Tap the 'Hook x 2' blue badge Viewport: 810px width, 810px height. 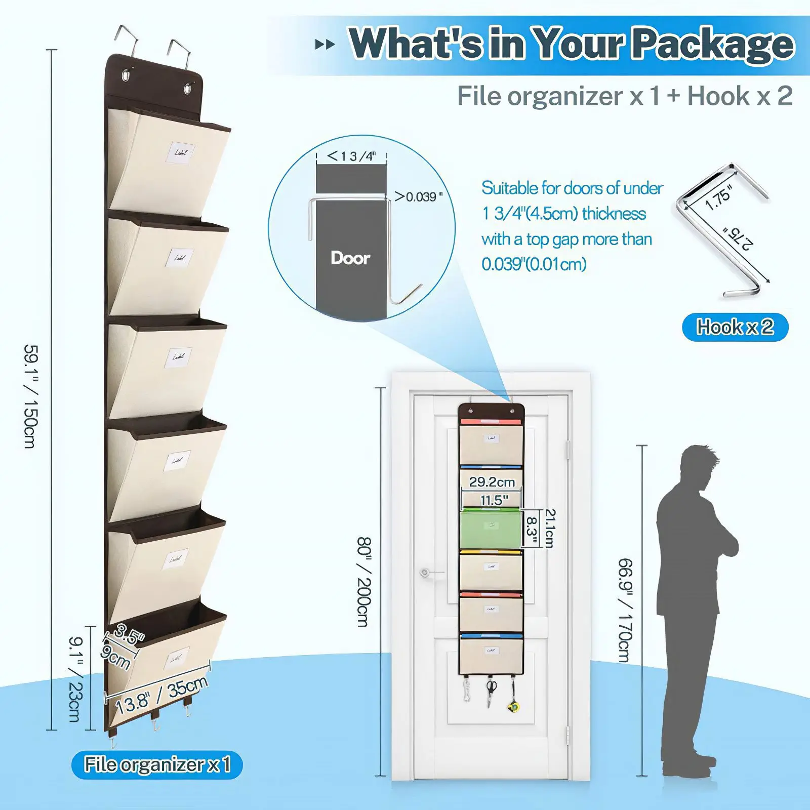tap(735, 327)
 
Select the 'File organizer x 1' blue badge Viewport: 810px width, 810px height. tap(157, 764)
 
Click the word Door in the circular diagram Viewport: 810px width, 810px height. tap(350, 258)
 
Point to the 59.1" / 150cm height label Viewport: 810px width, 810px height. tap(31, 396)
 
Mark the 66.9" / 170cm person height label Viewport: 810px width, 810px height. tap(626, 610)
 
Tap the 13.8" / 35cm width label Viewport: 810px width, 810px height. tap(161, 695)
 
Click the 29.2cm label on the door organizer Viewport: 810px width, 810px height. tap(492, 482)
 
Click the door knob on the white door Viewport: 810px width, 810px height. tap(425, 573)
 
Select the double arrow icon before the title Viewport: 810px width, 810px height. tap(325, 45)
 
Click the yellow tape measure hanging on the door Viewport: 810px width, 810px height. tap(513, 706)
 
